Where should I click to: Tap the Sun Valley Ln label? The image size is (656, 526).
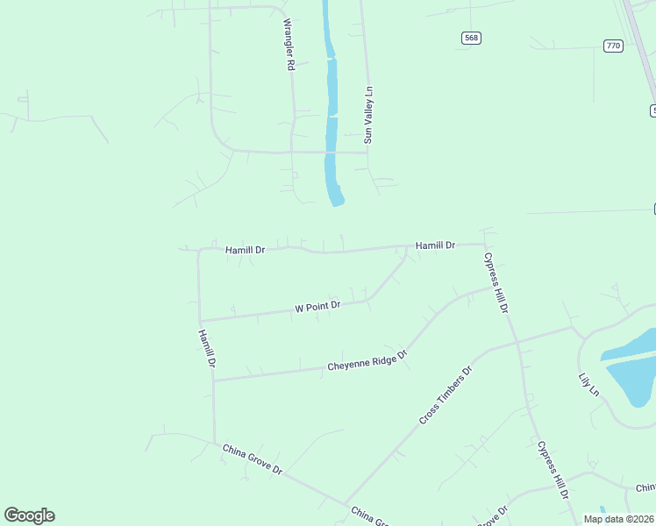tap(369, 114)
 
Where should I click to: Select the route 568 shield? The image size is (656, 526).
tap(472, 38)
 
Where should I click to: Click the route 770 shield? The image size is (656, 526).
tap(613, 45)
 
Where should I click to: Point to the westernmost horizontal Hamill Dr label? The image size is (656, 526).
tap(245, 250)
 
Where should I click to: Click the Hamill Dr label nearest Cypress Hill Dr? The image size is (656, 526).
tap(435, 245)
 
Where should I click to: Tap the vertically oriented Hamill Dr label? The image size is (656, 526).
tap(207, 349)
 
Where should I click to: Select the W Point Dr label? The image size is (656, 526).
tap(317, 307)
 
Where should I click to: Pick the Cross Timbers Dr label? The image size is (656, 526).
tap(446, 396)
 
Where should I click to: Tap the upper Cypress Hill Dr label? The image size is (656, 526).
tap(496, 283)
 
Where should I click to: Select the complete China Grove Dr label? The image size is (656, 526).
tap(253, 458)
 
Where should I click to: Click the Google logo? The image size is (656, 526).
tap(29, 515)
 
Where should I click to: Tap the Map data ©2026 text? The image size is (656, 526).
tap(617, 519)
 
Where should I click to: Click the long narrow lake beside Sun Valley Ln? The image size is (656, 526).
tap(332, 114)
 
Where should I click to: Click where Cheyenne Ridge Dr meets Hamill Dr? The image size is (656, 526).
tap(214, 380)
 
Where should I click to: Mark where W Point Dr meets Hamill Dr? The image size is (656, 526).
tap(200, 321)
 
